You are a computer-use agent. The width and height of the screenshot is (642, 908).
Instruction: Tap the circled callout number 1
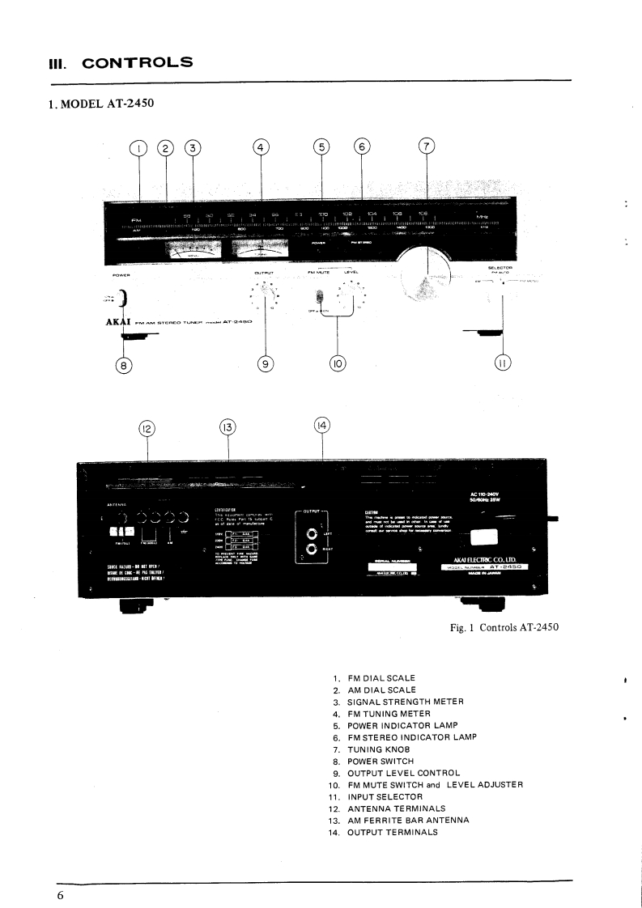139,148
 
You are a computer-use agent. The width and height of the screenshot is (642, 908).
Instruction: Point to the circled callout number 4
260,147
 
